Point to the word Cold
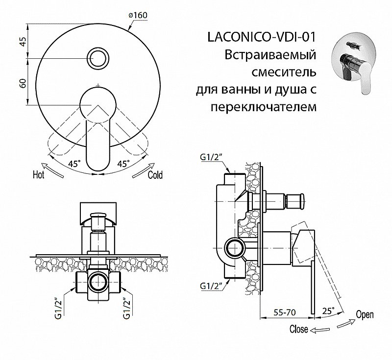[155, 175]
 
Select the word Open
[365, 314]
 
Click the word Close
[298, 329]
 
